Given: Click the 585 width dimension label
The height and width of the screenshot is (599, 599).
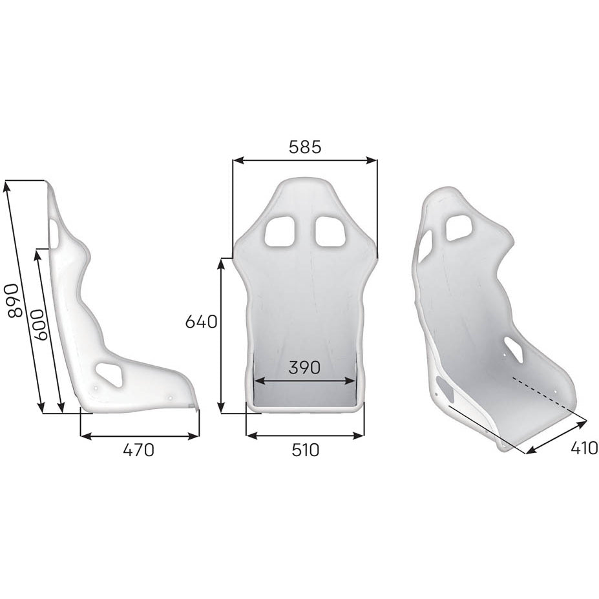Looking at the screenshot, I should [304, 147].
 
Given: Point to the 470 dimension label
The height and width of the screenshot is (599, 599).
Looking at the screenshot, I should [139, 450].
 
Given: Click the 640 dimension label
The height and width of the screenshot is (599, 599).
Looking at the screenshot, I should [201, 321].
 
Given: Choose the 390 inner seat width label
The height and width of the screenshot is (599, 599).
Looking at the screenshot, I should [304, 368].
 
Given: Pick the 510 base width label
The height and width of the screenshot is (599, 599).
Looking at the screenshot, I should [305, 450].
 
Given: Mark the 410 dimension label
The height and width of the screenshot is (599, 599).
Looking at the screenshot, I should [584, 447].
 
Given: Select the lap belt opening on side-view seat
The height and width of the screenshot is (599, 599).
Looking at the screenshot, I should [110, 373].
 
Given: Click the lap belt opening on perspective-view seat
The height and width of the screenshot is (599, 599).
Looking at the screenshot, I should [514, 349].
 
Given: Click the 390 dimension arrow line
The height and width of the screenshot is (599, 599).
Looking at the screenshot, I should [304, 381].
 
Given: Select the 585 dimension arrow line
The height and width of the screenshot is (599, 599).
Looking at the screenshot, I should [304, 160].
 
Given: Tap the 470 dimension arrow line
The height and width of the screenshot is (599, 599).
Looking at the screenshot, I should [140, 436].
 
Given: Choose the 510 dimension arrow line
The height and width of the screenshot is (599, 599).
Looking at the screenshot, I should [304, 436].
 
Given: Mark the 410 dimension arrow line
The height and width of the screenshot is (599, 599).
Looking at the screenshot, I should [556, 437].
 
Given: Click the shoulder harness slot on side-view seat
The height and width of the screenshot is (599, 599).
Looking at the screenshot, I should [54, 234].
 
